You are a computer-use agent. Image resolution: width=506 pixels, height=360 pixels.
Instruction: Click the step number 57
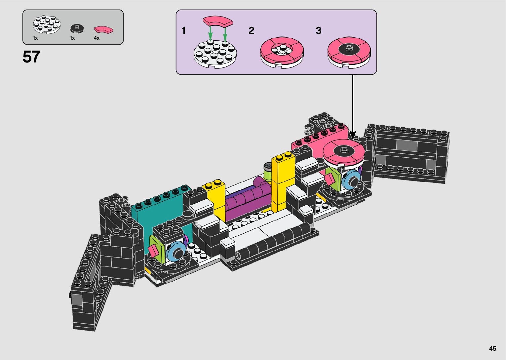pos(31,57)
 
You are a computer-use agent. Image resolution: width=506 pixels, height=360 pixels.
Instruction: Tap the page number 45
pos(492,348)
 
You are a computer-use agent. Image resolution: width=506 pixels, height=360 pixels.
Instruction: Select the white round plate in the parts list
pos(47,24)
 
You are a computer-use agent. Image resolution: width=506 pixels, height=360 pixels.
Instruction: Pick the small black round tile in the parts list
pos(77,28)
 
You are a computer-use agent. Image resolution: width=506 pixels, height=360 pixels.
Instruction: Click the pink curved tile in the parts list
pos(104,30)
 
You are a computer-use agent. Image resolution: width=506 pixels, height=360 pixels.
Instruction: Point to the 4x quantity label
pos(97,38)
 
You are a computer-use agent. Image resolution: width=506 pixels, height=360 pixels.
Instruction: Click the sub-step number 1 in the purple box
pos(184,30)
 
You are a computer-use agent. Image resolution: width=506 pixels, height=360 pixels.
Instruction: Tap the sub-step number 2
pos(251,30)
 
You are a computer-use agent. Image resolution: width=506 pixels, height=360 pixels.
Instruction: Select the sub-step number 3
pos(318,30)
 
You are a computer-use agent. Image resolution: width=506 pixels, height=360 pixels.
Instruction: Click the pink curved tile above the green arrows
pos(218,21)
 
